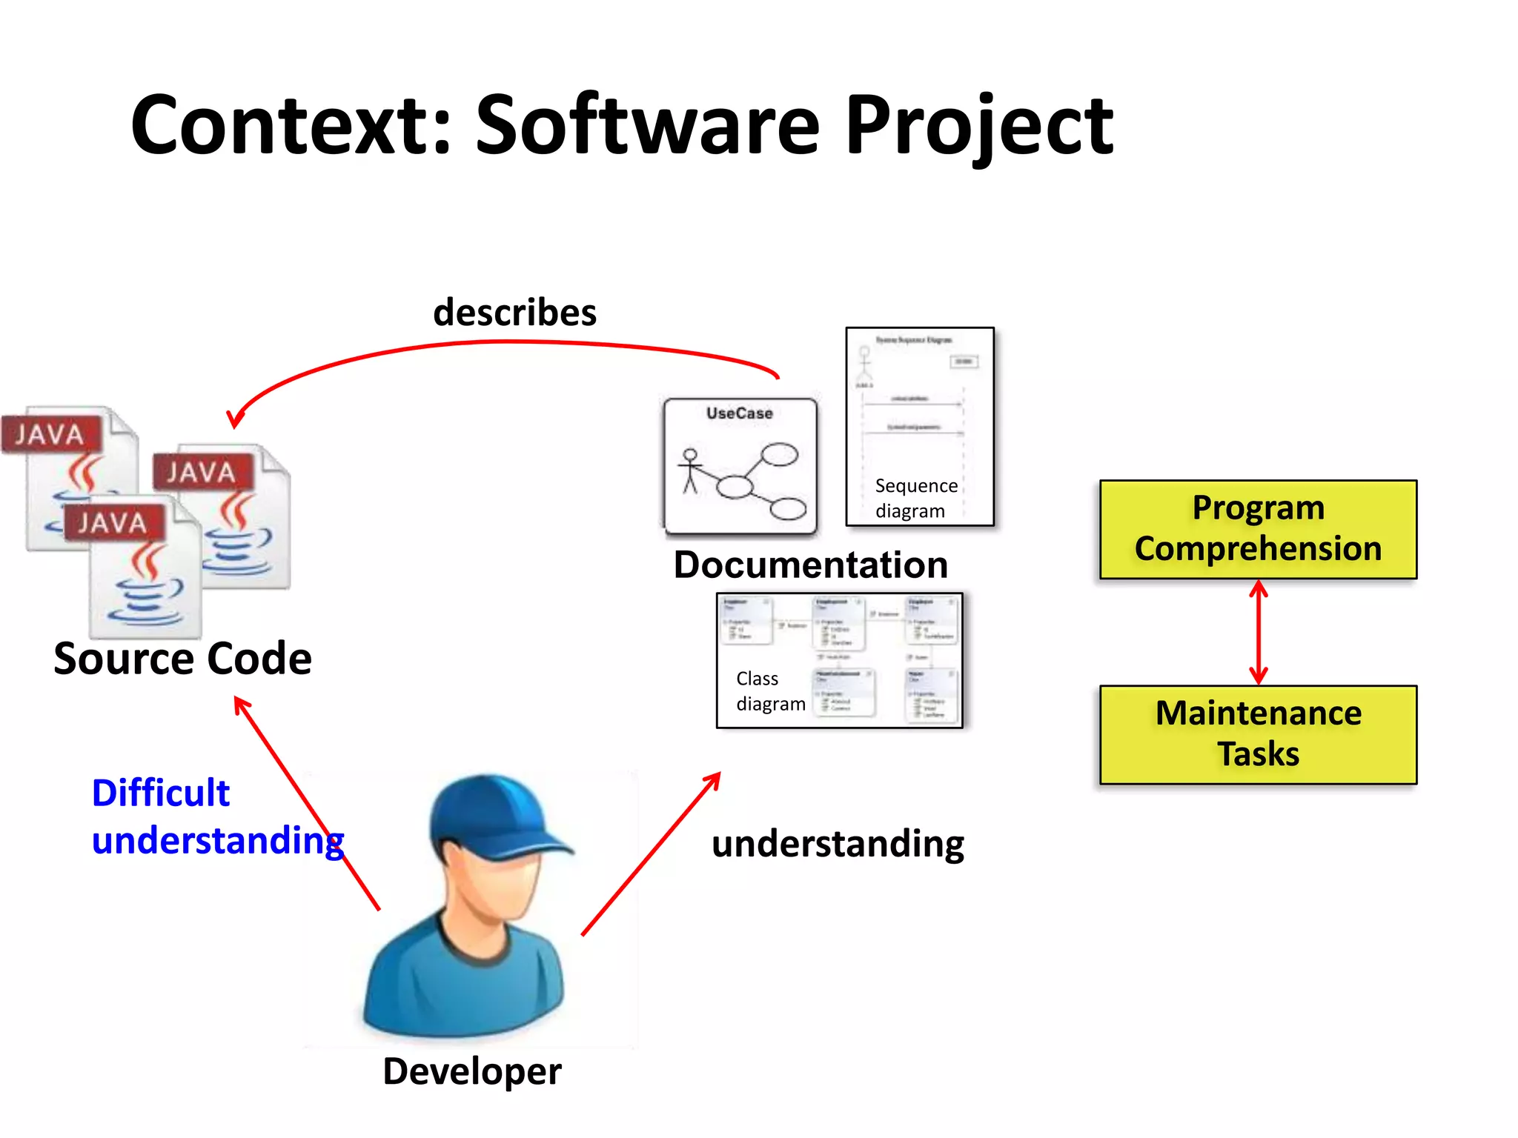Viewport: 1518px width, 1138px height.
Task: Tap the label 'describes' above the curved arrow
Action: [514, 313]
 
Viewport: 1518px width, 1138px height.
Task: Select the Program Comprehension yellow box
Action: [1258, 529]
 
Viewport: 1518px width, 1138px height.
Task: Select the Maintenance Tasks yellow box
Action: [1258, 734]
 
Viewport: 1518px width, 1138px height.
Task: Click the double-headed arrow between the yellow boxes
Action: [1258, 632]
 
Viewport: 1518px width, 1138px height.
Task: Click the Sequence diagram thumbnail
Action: [919, 427]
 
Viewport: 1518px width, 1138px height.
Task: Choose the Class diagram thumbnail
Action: [839, 660]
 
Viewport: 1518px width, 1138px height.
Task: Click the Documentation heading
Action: [810, 565]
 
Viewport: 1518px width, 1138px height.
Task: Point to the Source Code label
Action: [182, 659]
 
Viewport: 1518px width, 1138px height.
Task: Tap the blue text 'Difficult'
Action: [160, 793]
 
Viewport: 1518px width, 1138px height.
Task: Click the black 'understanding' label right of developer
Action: [838, 844]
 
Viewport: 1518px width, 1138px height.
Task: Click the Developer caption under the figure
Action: [472, 1071]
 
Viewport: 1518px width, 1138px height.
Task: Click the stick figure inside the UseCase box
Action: [690, 470]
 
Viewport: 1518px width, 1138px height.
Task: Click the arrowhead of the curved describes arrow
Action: [235, 419]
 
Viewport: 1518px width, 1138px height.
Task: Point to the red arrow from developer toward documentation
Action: [651, 853]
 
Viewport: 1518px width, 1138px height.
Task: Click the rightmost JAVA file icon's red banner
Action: [202, 472]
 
